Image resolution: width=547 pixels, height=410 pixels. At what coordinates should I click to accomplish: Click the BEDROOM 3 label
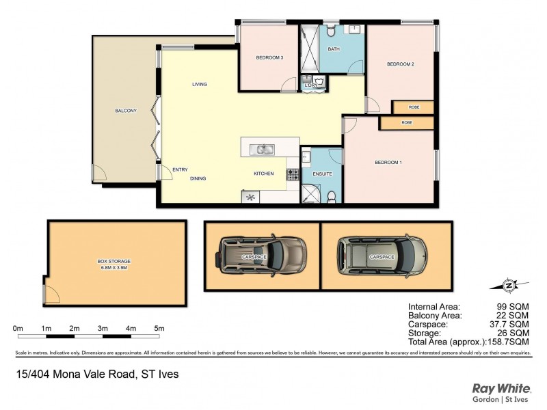tap(269, 57)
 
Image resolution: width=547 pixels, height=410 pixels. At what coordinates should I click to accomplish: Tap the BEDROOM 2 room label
tap(401, 64)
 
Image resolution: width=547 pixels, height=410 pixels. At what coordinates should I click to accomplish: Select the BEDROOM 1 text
tap(388, 162)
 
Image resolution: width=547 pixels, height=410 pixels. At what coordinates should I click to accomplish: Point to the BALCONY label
tap(126, 111)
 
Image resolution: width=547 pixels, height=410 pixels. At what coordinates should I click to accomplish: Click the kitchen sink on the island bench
tap(262, 149)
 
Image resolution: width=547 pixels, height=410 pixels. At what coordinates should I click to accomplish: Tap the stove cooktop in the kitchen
tap(292, 175)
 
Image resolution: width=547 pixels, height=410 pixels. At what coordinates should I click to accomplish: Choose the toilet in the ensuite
tap(331, 197)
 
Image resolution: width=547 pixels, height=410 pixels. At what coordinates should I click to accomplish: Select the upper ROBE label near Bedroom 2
tap(414, 107)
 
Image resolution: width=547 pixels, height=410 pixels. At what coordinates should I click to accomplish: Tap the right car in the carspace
tap(382, 255)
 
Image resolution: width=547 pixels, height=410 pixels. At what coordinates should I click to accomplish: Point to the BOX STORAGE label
tap(114, 261)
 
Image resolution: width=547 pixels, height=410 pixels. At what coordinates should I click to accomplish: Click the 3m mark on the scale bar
tap(103, 329)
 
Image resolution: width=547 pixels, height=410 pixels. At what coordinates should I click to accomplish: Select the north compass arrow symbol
tap(508, 284)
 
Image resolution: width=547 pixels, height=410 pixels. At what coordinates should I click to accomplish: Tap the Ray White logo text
tap(500, 388)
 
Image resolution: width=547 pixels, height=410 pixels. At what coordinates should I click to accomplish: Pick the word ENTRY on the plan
tap(181, 170)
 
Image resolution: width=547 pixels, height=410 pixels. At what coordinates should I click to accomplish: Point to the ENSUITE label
tap(323, 174)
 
